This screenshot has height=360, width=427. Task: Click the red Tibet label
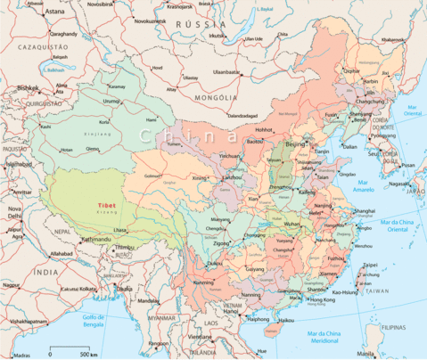click(x=109, y=203)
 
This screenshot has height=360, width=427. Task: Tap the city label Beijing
click(x=295, y=143)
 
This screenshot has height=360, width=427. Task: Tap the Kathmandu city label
click(x=96, y=239)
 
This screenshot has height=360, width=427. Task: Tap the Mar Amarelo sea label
click(x=365, y=189)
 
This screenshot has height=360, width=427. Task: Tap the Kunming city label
click(x=204, y=282)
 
